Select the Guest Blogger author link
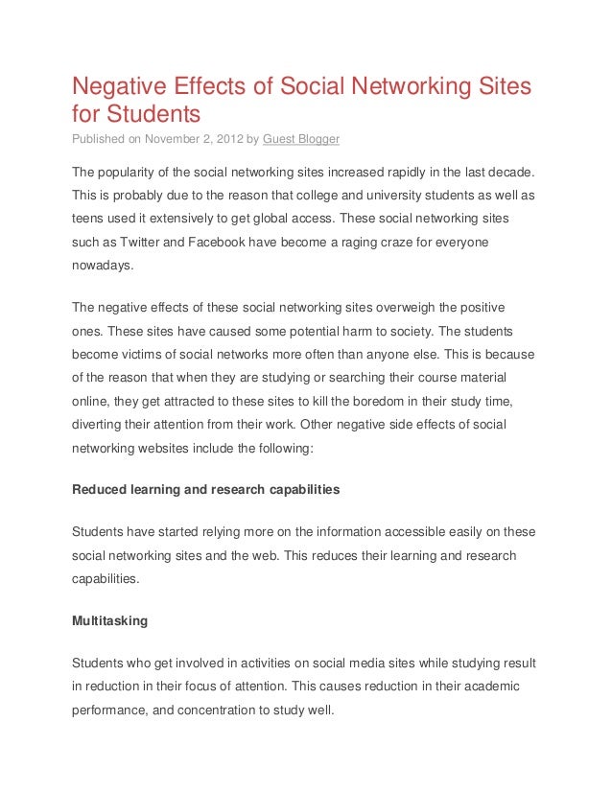(301, 139)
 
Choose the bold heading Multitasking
(110, 620)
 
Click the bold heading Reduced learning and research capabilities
(206, 489)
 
